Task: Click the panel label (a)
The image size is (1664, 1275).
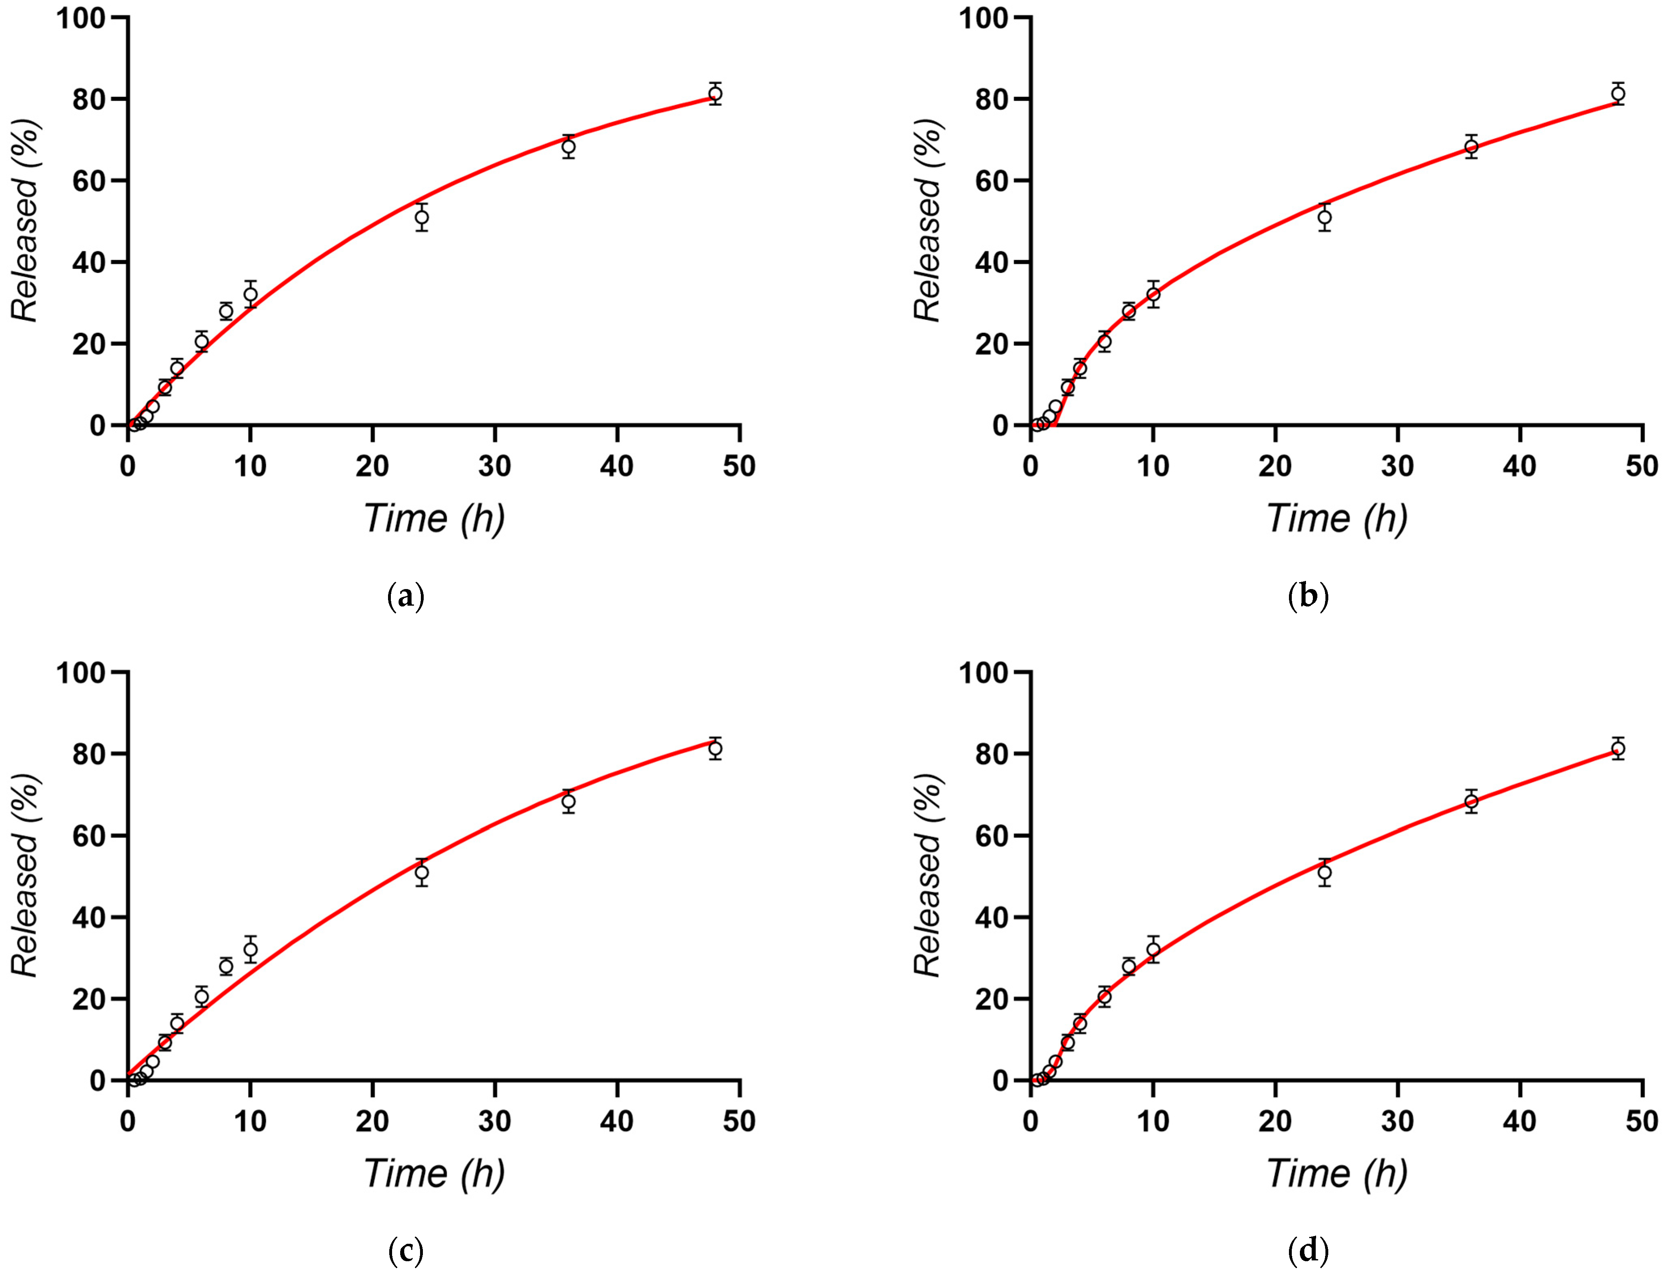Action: pyautogui.click(x=405, y=596)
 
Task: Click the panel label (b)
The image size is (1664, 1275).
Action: pyautogui.click(x=1308, y=596)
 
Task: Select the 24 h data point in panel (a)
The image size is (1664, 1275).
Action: pyautogui.click(x=421, y=217)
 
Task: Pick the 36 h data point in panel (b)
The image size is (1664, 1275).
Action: pyautogui.click(x=1471, y=146)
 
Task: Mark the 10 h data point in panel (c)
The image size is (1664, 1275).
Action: pyautogui.click(x=251, y=949)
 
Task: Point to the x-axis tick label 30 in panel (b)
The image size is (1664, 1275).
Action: pyautogui.click(x=1398, y=465)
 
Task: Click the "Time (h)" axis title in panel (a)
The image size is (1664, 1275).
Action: pyautogui.click(x=434, y=519)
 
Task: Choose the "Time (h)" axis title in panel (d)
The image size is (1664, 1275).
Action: pyautogui.click(x=1337, y=1173)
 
